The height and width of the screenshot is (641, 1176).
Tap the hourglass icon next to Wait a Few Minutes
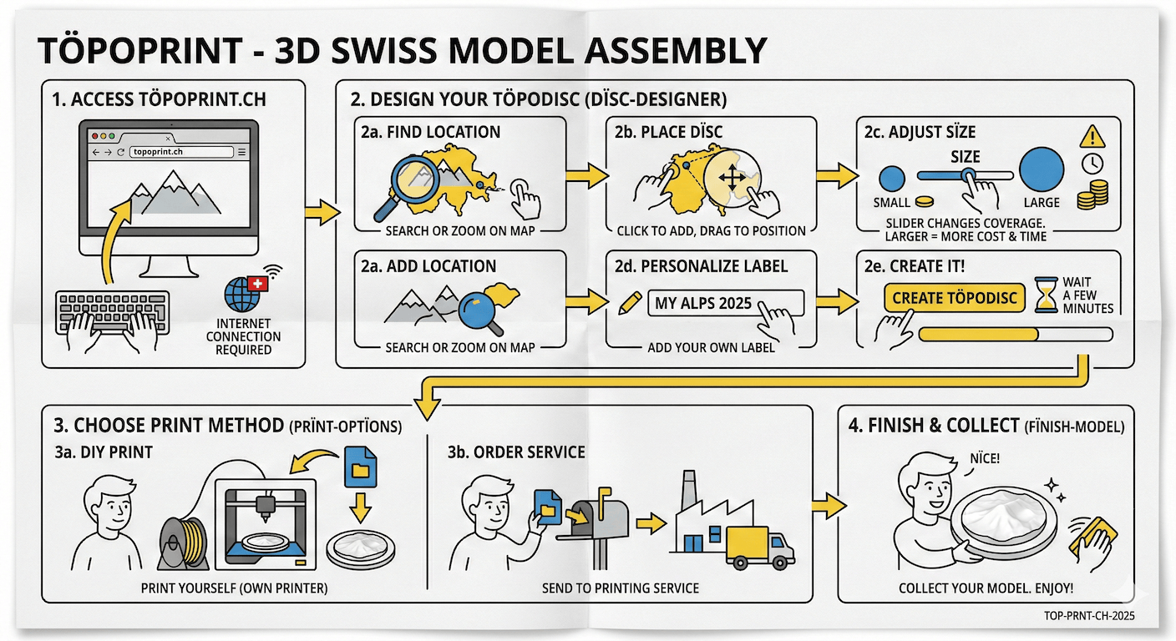pyautogui.click(x=1044, y=295)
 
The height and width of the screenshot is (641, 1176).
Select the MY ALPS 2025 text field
pyautogui.click(x=725, y=303)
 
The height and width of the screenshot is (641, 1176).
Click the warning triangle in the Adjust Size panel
pyautogui.click(x=1091, y=137)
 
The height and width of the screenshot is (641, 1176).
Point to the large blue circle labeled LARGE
pyautogui.click(x=1041, y=169)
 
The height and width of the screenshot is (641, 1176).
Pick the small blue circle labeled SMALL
pyautogui.click(x=892, y=178)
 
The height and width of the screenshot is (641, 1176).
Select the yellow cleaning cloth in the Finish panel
pyautogui.click(x=1092, y=532)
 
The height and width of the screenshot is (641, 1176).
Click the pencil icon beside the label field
pyautogui.click(x=628, y=302)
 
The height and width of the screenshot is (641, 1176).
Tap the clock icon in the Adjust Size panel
pyautogui.click(x=1092, y=163)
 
